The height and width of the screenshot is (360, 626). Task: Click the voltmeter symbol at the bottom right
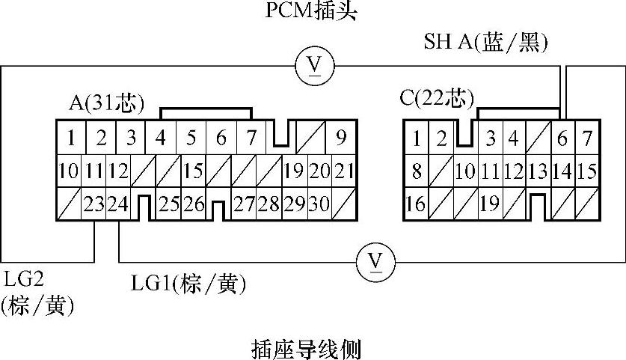click(377, 261)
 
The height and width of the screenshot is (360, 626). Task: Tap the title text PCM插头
click(312, 11)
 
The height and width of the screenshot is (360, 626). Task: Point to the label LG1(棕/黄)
click(188, 284)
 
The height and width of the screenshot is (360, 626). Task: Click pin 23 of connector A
click(93, 204)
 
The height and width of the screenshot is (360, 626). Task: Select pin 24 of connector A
click(117, 204)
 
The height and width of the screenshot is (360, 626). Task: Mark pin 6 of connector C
click(562, 138)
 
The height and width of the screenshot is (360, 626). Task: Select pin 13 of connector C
click(538, 171)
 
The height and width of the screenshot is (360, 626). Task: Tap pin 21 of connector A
click(342, 171)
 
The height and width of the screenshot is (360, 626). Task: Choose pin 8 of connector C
click(417, 171)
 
